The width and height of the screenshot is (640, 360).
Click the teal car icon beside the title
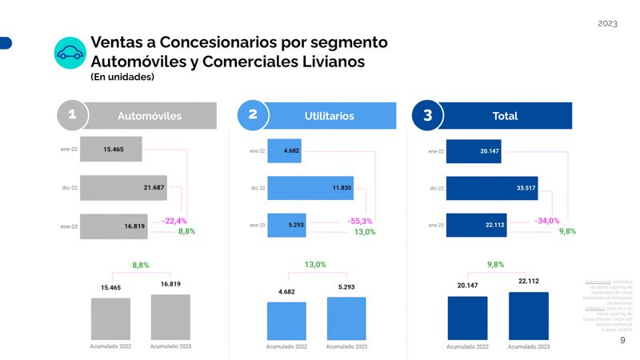point(70,53)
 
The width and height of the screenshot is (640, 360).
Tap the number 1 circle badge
point(72,115)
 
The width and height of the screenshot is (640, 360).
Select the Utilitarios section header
point(329,116)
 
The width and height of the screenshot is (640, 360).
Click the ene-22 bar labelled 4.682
point(284,150)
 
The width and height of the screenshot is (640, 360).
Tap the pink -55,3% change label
point(360,221)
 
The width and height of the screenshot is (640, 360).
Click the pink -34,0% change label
point(546,221)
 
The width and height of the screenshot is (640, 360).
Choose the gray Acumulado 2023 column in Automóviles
point(170,317)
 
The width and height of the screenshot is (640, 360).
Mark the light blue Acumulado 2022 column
point(286,321)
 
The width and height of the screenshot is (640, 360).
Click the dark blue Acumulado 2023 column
point(528,316)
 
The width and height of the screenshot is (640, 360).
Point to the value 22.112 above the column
point(529,282)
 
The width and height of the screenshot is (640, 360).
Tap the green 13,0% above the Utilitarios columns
point(316,265)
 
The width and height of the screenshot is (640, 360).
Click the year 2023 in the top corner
point(607,24)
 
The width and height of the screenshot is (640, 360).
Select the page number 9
point(622,341)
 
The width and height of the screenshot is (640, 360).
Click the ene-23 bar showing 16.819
point(113,226)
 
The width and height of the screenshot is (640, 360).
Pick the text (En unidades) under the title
point(122,78)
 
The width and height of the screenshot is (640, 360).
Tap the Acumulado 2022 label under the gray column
point(110,346)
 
